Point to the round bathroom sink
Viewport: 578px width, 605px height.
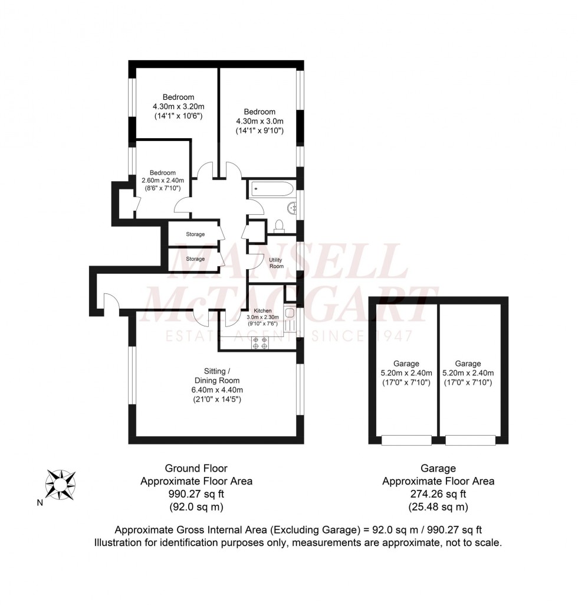(x=291, y=207)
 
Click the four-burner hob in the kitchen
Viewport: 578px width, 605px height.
(x=260, y=344)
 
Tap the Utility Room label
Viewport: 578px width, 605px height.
(x=276, y=263)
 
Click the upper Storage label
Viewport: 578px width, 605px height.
(x=195, y=234)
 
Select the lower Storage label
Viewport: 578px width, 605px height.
(x=195, y=259)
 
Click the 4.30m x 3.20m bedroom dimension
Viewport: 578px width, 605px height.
(x=178, y=107)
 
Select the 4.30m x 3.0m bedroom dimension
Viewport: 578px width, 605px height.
(x=260, y=121)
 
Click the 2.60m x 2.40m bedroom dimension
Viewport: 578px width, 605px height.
(x=162, y=181)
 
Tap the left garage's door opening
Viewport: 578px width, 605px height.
(x=406, y=440)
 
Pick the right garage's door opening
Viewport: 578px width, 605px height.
(x=470, y=440)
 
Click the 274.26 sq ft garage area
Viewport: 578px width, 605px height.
(x=438, y=494)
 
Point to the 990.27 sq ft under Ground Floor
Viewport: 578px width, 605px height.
(x=196, y=494)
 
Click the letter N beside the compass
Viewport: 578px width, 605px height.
(x=40, y=503)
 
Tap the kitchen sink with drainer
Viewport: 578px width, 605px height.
(x=289, y=321)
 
